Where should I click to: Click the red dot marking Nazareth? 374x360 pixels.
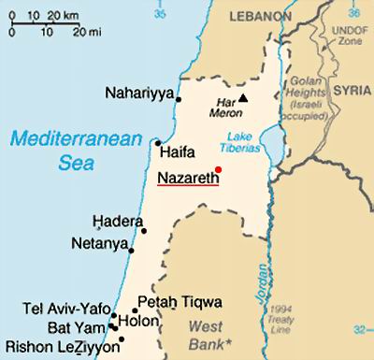[218, 168]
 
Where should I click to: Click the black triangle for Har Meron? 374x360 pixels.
[244, 97]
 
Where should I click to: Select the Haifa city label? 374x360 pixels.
[178, 150]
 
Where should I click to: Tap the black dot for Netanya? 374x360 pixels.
[132, 251]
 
